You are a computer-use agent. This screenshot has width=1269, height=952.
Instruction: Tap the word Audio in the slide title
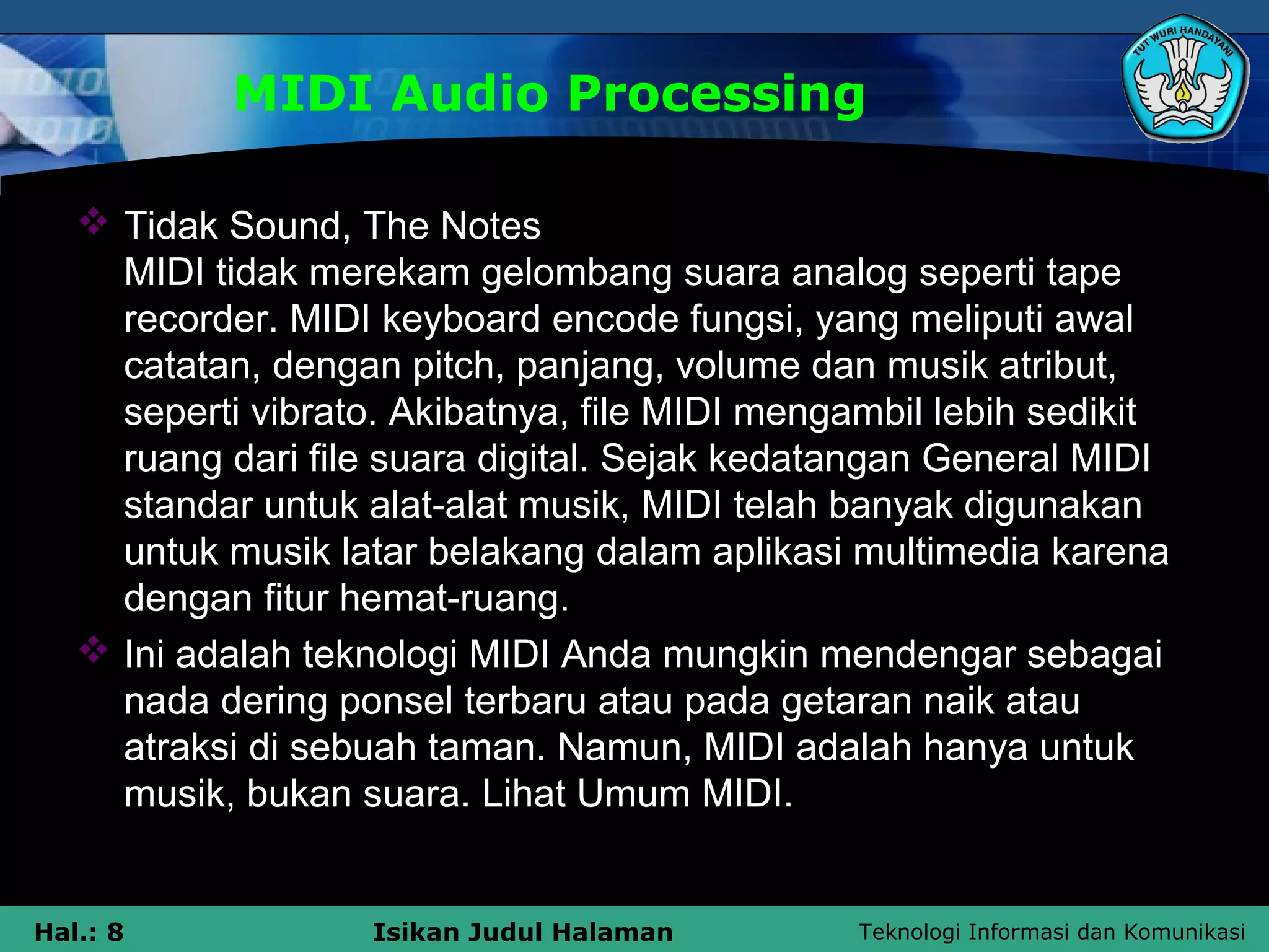(469, 94)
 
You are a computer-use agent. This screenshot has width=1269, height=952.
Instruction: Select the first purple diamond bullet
(94, 221)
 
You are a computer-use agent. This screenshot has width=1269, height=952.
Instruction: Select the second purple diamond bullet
(94, 650)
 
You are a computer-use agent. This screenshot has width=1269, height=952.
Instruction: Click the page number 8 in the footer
(115, 932)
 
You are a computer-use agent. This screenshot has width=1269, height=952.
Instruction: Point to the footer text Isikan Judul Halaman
(522, 932)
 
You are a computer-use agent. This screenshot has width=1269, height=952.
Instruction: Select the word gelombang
(576, 273)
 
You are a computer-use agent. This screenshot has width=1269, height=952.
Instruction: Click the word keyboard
(461, 319)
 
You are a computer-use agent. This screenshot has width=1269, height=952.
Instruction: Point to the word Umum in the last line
(633, 794)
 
